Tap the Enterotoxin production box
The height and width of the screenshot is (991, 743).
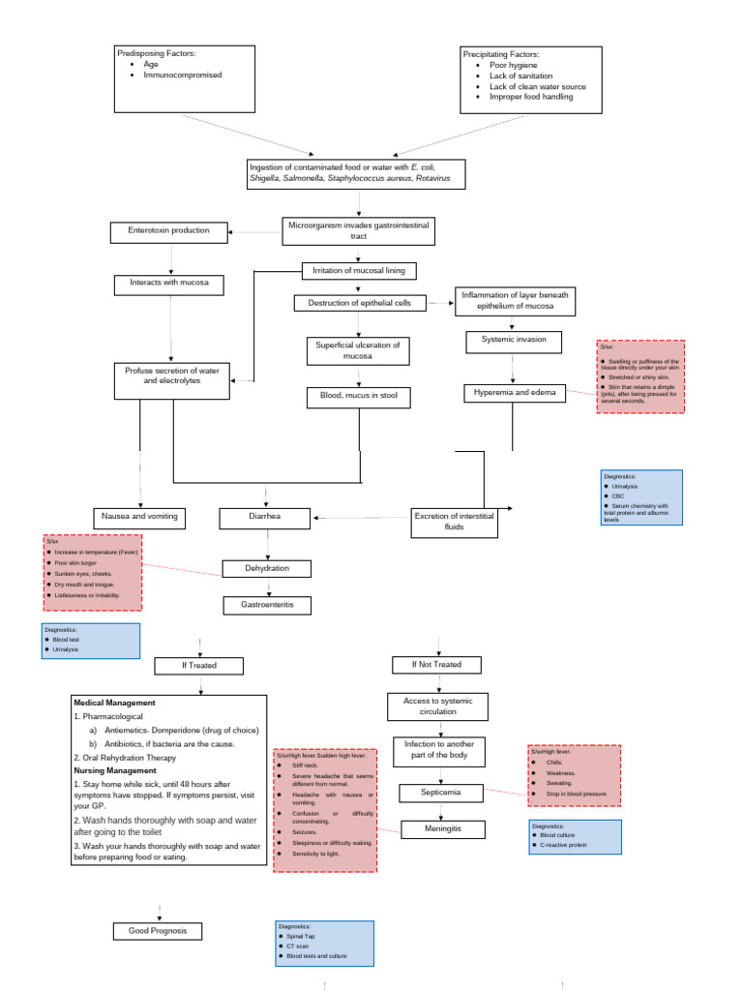pos(170,231)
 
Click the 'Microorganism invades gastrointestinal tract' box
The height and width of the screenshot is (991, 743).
pos(358,230)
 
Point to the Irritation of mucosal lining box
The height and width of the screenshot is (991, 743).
pos(353,270)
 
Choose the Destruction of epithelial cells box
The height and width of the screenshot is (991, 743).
pos(359,303)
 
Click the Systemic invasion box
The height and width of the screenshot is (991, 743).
pos(513,340)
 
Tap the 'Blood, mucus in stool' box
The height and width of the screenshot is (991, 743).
pos(358,396)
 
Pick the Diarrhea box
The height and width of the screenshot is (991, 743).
pos(263,517)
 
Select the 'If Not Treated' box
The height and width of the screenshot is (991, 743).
pos(439,665)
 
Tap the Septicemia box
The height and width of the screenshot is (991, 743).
pos(440,793)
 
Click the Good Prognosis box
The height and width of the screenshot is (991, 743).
pos(159,931)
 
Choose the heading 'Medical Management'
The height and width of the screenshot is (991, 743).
pos(115,702)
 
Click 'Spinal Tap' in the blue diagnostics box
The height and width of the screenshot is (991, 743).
pos(301,936)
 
